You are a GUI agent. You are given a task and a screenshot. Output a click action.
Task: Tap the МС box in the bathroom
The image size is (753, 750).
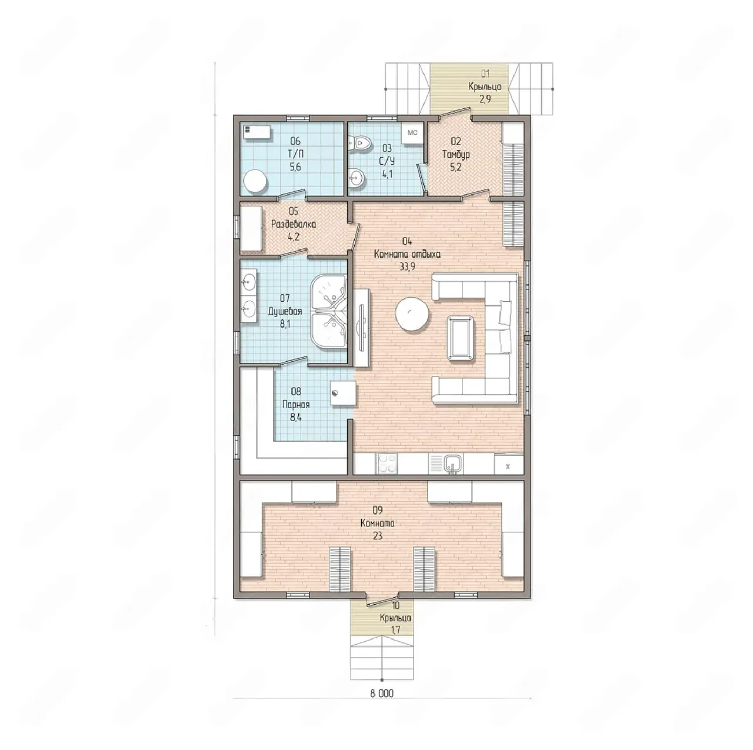point(412,132)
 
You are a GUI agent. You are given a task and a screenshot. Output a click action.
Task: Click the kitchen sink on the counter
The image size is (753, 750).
point(453,464)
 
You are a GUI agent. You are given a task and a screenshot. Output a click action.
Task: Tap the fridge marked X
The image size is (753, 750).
point(508,464)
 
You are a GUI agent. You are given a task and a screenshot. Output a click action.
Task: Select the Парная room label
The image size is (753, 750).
point(296,405)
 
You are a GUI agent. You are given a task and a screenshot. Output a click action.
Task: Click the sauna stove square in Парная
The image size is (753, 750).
point(344,393)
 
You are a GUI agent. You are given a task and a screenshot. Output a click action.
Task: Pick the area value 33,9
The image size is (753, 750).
point(407,266)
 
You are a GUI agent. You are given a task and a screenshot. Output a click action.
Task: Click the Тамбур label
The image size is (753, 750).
point(456,154)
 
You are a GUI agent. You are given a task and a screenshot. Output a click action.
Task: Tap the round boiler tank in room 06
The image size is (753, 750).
point(255,182)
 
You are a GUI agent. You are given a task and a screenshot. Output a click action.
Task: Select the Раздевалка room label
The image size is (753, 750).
point(294,224)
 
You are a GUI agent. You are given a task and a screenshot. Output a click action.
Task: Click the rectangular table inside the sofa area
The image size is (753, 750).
point(461,338)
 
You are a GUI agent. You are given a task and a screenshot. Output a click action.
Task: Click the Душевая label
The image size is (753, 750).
point(285,311)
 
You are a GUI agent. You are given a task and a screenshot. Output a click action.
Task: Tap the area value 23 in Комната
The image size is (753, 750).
point(377,536)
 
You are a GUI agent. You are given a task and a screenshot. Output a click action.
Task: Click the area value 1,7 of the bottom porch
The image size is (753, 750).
point(395,630)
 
